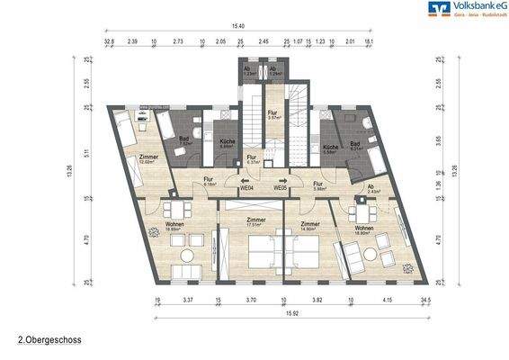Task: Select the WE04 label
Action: pyautogui.click(x=245, y=189)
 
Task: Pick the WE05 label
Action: pyautogui.click(x=280, y=189)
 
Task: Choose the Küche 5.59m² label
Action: pyautogui.click(x=330, y=148)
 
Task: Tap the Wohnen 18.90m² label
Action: pyautogui.click(x=364, y=230)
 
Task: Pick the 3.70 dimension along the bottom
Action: pyautogui.click(x=251, y=298)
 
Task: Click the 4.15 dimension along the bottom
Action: pyautogui.click(x=387, y=298)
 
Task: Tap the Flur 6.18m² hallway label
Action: pyautogui.click(x=208, y=182)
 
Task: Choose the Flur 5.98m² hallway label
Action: pyautogui.click(x=319, y=184)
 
